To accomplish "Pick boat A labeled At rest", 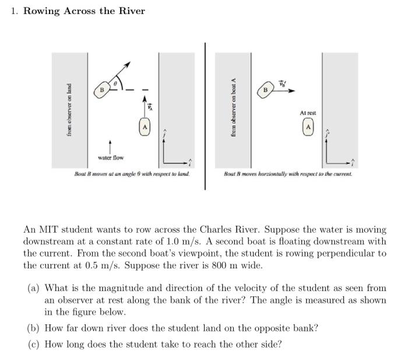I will (308, 127).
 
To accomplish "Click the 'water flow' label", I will (111, 158).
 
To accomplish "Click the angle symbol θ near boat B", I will (115, 84).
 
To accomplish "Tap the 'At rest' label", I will (308, 113).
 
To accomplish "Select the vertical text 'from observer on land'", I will (69, 111).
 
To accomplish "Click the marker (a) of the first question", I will (34, 288).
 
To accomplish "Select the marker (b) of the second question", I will (34, 328).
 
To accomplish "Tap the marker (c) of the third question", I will (34, 344).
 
